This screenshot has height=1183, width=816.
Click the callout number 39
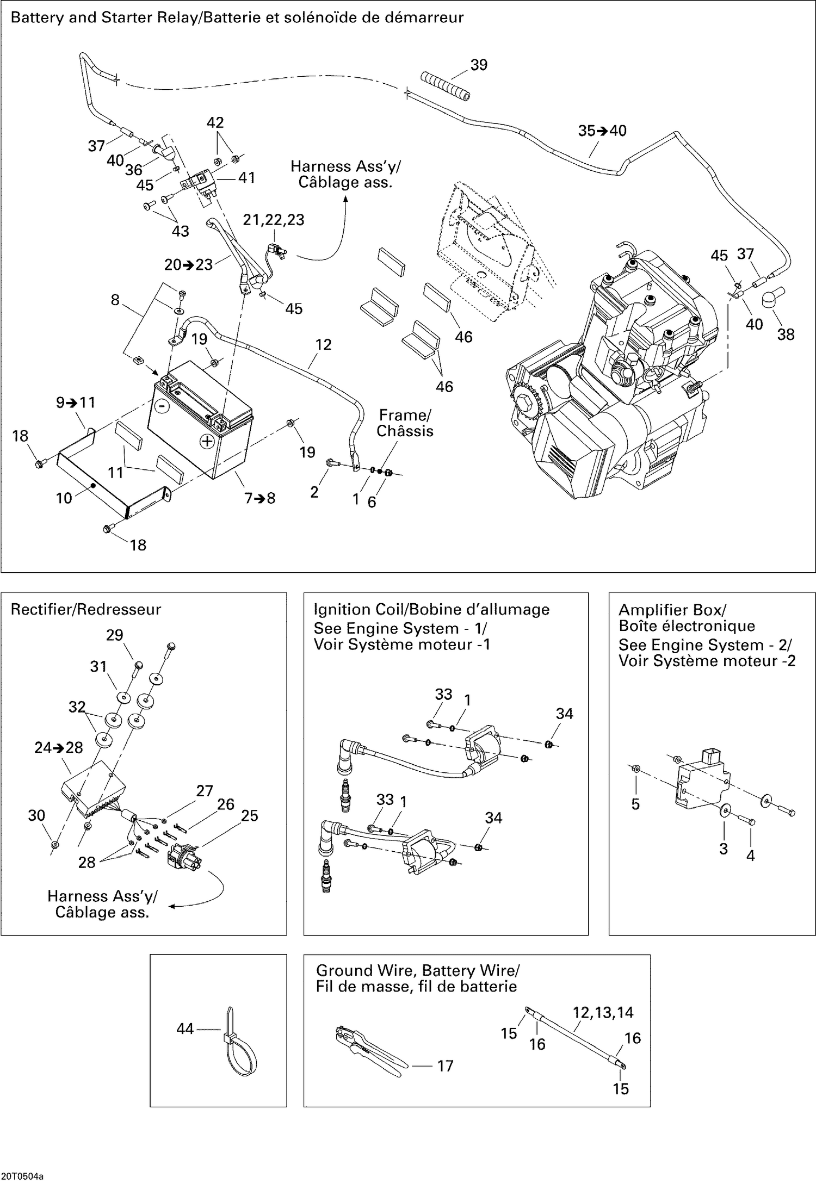point(479,65)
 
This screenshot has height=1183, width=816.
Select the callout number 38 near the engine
point(786,335)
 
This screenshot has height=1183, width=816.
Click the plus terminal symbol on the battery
point(207,441)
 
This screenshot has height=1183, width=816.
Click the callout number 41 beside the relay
point(246,177)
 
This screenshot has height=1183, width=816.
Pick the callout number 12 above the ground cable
point(323,344)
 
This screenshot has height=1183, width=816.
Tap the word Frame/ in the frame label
point(405,415)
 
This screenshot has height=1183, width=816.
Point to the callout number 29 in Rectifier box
point(114,635)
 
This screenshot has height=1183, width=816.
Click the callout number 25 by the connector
point(249,815)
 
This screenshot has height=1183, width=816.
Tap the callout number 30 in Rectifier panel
point(36,815)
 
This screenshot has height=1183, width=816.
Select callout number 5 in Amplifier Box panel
point(635,804)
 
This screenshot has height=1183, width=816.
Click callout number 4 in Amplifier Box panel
point(750,856)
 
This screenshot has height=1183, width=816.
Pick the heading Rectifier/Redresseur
point(86,609)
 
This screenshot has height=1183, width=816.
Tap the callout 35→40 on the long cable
point(602,131)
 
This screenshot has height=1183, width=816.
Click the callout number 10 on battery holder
point(64,498)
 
